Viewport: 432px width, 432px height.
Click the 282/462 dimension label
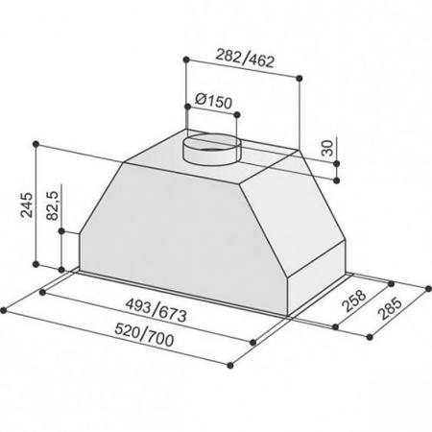coord(245,59)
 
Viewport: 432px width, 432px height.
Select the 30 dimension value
coord(328,148)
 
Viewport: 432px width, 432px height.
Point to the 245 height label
coord(27,205)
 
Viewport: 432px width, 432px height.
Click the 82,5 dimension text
coord(53,205)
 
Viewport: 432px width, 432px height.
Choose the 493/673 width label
coord(156,310)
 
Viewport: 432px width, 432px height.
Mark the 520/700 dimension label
coord(144,335)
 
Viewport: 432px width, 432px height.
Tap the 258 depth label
coord(354,300)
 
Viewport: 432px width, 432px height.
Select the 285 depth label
coord(389,309)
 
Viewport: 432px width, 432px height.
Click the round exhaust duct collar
coord(211,149)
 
